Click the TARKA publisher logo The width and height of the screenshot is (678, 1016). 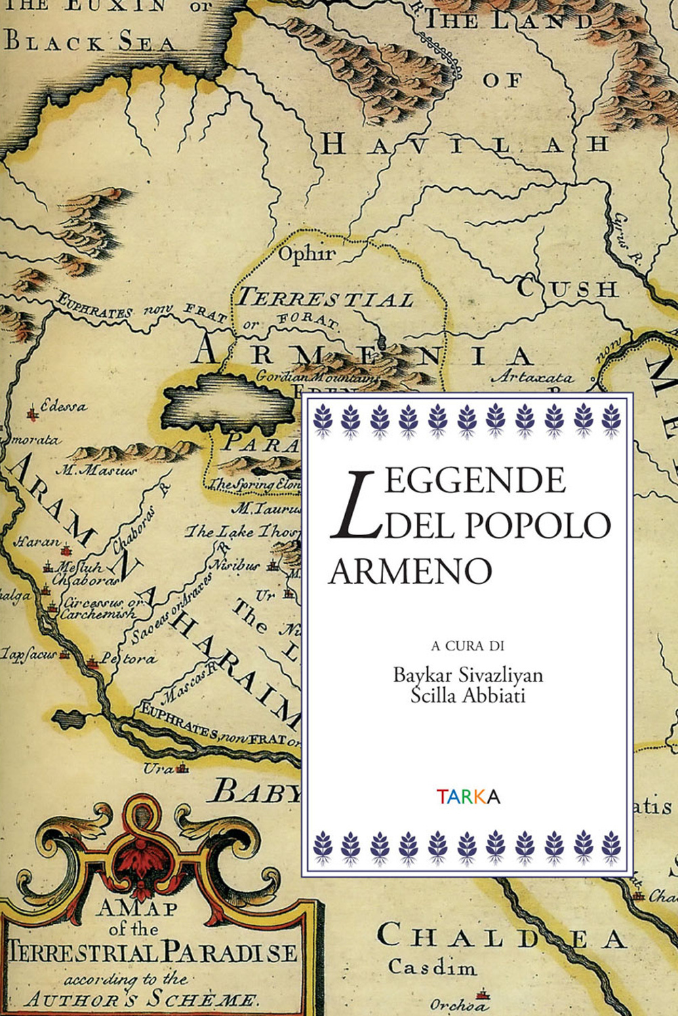[468, 796]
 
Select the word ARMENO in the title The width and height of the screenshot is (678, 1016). [410, 572]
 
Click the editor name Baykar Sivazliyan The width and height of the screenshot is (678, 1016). [468, 675]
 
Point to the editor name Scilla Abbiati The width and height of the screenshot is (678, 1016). [468, 695]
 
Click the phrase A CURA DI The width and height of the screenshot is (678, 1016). [468, 646]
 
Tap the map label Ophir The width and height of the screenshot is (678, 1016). [307, 254]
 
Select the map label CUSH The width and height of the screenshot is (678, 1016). [567, 288]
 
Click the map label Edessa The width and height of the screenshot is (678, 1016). [63, 407]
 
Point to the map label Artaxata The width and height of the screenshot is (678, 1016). [532, 377]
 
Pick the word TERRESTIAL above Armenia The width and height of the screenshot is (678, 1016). [325, 298]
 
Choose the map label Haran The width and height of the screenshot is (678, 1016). [37, 543]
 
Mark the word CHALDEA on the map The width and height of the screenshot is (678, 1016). [501, 938]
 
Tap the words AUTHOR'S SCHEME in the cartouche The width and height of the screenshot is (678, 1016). [142, 999]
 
